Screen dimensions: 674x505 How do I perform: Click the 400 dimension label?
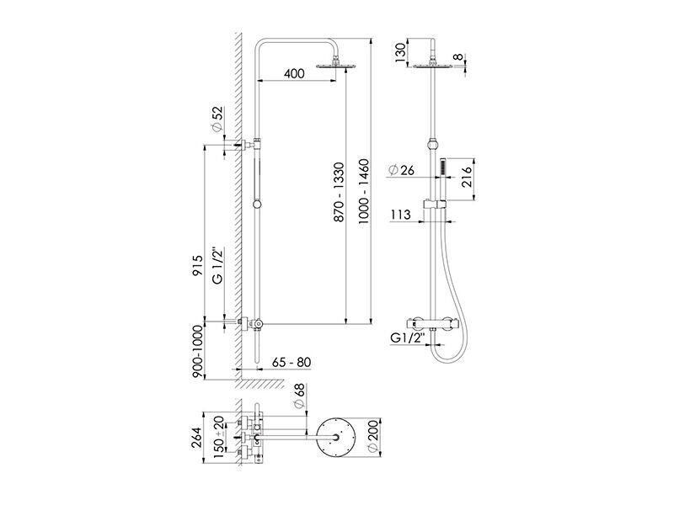pyautogui.click(x=294, y=73)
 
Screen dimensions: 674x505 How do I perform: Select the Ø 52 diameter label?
pyautogui.click(x=218, y=119)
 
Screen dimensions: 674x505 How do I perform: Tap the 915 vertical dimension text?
pyautogui.click(x=197, y=265)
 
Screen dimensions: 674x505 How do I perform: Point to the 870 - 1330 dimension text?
pyautogui.click(x=340, y=192)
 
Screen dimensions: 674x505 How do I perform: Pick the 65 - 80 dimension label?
pyautogui.click(x=292, y=363)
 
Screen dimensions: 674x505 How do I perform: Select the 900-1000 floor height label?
pyautogui.click(x=197, y=352)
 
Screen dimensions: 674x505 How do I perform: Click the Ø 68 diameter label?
pyautogui.click(x=299, y=396)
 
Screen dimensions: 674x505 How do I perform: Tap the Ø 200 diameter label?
pyautogui.click(x=372, y=436)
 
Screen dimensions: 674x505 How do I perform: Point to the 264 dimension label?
pyautogui.click(x=196, y=438)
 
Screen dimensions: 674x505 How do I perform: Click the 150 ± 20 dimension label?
pyautogui.click(x=218, y=437)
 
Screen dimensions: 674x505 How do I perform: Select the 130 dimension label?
pyautogui.click(x=400, y=53)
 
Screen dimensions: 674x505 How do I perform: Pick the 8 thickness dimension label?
pyautogui.click(x=459, y=57)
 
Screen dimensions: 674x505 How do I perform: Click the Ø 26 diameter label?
pyautogui.click(x=401, y=170)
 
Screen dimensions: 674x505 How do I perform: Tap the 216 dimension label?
pyautogui.click(x=466, y=177)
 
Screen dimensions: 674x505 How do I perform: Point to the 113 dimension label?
pyautogui.click(x=401, y=215)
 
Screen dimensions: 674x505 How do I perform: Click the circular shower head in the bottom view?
pyautogui.click(x=335, y=438)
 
